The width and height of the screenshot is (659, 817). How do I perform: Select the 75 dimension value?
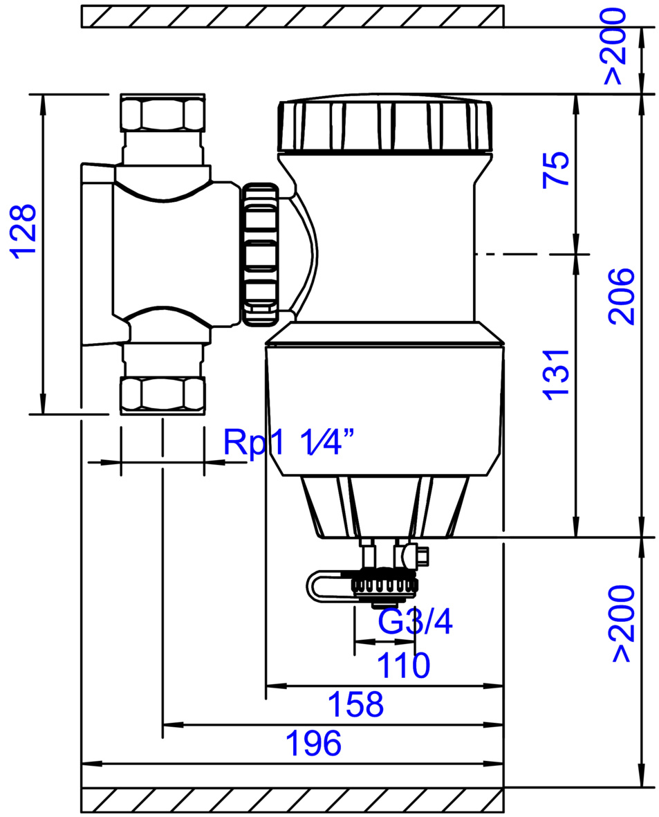point(557,169)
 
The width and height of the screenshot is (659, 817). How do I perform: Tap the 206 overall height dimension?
point(622,297)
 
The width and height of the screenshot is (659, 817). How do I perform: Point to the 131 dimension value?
point(557,375)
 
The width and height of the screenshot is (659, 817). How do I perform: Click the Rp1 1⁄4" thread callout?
point(290,442)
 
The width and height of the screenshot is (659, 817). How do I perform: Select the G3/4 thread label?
point(415,621)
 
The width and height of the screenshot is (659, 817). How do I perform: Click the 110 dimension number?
point(403,665)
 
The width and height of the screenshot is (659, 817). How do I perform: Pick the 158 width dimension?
point(355,704)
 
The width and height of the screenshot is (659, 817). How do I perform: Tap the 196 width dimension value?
point(314,744)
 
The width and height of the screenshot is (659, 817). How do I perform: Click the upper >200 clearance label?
point(615,47)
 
